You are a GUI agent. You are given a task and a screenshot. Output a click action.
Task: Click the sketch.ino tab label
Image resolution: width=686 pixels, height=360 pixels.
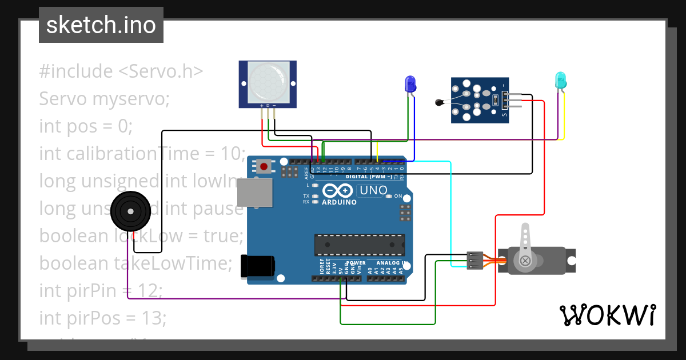point(101,25)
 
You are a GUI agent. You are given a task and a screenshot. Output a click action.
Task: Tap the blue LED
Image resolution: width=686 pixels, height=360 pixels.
point(410,85)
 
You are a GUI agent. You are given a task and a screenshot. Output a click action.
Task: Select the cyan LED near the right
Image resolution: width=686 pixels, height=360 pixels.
point(560,80)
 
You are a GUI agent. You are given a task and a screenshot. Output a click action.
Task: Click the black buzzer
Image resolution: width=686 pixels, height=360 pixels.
point(131,212)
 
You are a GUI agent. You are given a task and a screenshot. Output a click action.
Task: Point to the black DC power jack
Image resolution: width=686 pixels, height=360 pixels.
point(258,266)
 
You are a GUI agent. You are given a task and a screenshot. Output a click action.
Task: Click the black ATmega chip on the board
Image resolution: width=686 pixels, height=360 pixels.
point(360,245)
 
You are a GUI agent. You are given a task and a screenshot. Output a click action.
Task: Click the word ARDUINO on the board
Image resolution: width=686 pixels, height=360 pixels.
point(339,202)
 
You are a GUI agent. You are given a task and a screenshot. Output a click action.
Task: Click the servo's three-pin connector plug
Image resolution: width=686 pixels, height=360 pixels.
point(474,260)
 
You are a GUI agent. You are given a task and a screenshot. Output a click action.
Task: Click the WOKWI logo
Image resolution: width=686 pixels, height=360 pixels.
point(607,315)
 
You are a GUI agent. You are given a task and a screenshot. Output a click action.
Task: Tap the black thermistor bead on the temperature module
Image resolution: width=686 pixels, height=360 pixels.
point(439,103)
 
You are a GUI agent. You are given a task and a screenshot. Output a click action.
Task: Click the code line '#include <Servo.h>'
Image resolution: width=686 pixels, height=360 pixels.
point(121,71)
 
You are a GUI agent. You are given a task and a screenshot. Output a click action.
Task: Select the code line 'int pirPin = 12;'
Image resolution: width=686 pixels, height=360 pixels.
point(101,290)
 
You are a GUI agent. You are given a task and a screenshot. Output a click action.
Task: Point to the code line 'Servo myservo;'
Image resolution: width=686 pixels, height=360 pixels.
point(105,99)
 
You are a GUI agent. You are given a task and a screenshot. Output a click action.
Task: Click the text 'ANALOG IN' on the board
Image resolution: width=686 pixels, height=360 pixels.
point(392,263)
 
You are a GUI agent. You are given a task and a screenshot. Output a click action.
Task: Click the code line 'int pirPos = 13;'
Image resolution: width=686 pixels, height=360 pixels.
point(103,318)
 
